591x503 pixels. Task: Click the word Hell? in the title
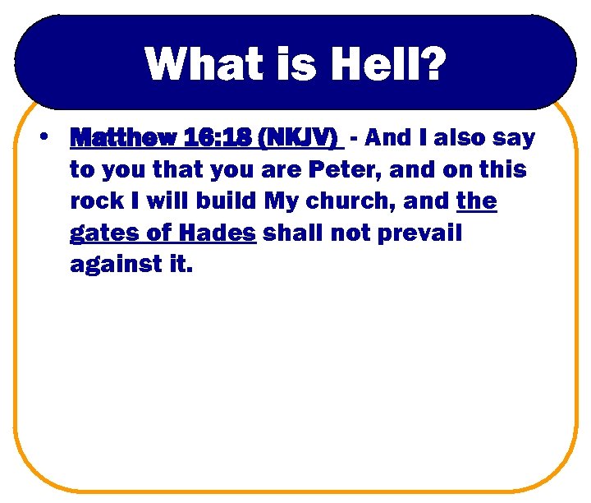[386, 63]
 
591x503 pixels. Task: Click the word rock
[96, 201]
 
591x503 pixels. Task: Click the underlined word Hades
[216, 233]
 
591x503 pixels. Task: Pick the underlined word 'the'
[476, 201]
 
